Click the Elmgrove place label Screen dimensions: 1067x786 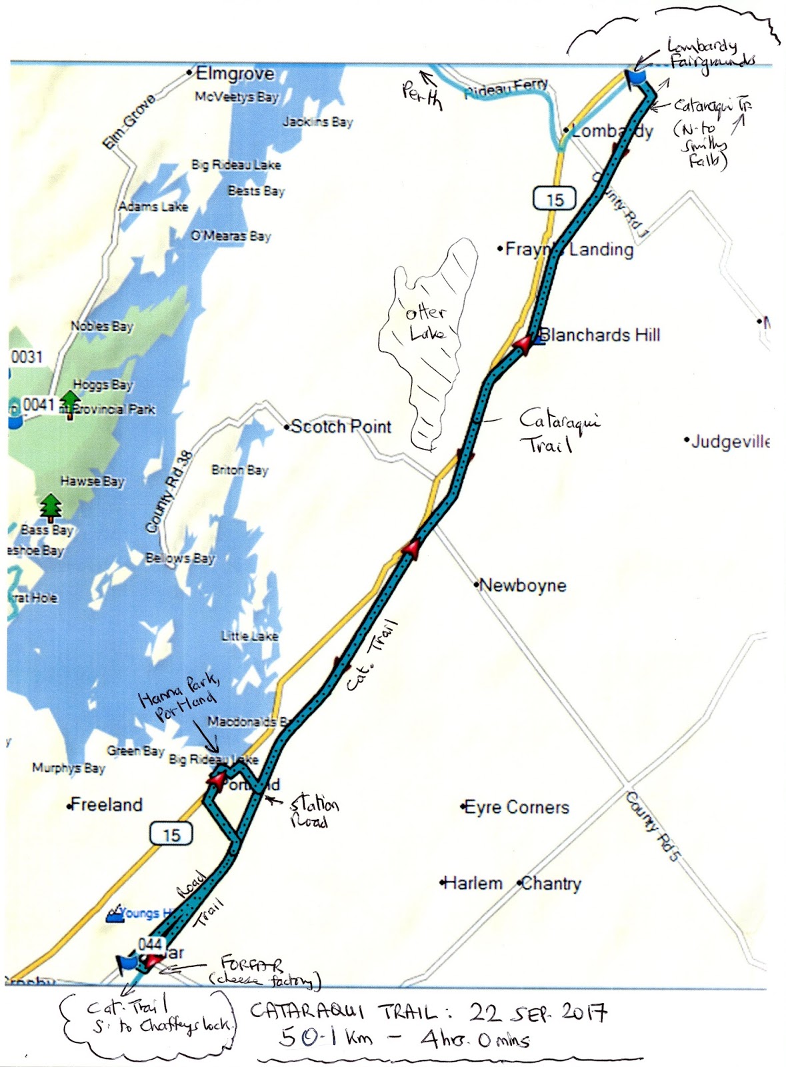[x=235, y=73]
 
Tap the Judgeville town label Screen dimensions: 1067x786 [x=730, y=441]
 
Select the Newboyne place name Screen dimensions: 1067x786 [x=523, y=586]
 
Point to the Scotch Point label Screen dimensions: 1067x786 [x=341, y=427]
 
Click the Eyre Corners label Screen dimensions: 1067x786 [x=516, y=808]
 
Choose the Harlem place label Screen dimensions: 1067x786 [x=473, y=884]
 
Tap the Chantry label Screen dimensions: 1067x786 [x=551, y=884]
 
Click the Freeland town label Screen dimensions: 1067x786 [x=106, y=805]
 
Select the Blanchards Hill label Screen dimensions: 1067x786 [x=600, y=335]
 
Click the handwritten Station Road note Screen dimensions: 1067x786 [x=313, y=812]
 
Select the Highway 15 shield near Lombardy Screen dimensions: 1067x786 [x=555, y=199]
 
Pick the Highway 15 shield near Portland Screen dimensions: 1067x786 [x=171, y=834]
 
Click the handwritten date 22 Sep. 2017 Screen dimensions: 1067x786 [x=539, y=1014]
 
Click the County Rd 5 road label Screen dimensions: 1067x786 [x=653, y=826]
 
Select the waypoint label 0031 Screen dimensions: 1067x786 [x=27, y=357]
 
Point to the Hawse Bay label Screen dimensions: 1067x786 [x=92, y=481]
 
